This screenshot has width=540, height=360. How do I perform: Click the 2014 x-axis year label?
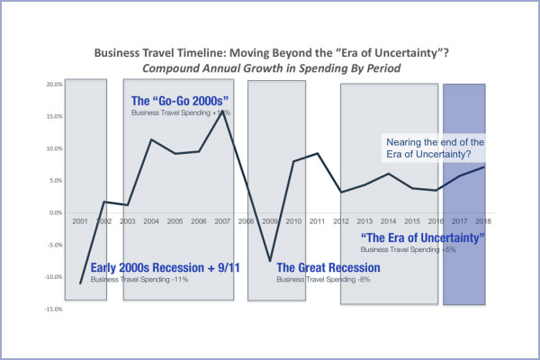[x=386, y=220]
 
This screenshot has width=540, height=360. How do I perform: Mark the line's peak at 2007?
[x=221, y=112]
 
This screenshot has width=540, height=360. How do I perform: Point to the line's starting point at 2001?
[x=81, y=283]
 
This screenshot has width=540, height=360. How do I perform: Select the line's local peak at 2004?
[x=151, y=139]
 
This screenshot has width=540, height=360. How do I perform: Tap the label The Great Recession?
[x=328, y=268]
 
